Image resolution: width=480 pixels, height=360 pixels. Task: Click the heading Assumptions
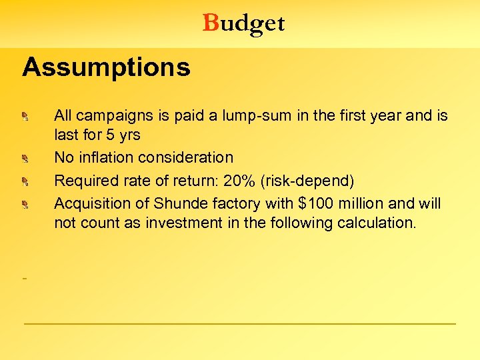(106, 67)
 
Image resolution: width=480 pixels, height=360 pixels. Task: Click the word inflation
(107, 158)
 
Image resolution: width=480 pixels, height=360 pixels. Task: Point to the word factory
(230, 202)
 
